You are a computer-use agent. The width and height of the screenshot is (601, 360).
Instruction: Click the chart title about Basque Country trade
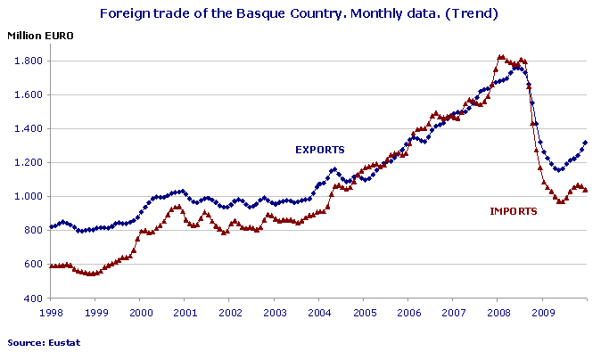click(300, 14)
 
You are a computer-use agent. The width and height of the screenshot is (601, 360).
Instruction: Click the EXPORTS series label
click(320, 149)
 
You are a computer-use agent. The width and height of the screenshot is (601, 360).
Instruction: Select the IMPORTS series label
click(514, 211)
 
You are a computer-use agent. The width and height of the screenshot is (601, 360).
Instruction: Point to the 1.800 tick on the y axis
click(26, 61)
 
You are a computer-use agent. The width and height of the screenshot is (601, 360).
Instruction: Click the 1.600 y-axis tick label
click(26, 94)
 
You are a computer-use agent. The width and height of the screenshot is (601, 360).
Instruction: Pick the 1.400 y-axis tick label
click(26, 128)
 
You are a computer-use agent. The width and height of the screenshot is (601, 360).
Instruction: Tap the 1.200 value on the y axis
click(26, 162)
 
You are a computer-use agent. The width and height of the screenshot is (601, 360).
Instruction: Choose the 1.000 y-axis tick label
click(26, 196)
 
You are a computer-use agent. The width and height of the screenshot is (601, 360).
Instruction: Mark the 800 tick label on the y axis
click(32, 230)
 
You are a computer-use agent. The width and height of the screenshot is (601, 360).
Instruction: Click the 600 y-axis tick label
click(32, 264)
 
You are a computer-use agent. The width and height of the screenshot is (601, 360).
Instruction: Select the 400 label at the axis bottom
click(32, 298)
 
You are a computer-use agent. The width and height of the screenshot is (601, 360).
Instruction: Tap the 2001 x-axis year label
click(185, 313)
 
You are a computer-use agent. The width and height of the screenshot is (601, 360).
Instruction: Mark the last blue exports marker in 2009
click(585, 142)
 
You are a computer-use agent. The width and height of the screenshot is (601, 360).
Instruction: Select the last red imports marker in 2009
click(585, 190)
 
